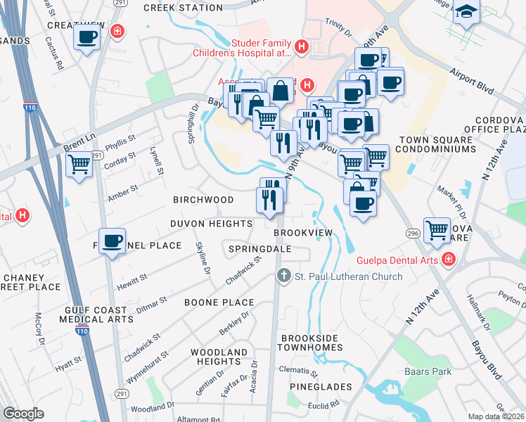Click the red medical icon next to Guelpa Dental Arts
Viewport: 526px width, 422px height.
click(x=448, y=260)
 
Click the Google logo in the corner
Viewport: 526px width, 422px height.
click(x=23, y=414)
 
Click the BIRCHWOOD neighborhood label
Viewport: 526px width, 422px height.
click(x=203, y=200)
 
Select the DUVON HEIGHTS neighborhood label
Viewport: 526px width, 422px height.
click(x=211, y=224)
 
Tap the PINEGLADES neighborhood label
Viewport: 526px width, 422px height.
click(x=321, y=387)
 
